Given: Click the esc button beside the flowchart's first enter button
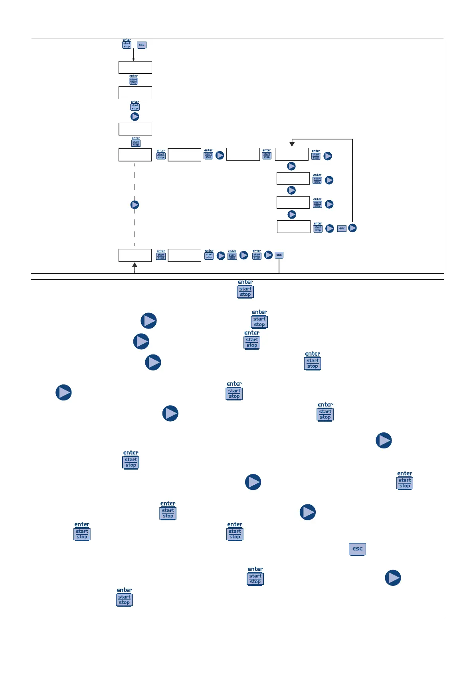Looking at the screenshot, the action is tap(142, 45).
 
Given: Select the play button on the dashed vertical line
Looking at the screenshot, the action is tap(135, 205).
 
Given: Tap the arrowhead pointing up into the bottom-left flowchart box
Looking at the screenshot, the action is tap(135, 265).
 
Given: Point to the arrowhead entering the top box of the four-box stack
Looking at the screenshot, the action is tap(292, 144).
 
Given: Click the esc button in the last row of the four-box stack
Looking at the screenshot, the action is tap(342, 229).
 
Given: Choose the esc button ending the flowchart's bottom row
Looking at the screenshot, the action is tap(279, 255).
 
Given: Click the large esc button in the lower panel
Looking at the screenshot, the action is tap(357, 549).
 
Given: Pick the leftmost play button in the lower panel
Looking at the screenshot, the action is tap(63, 392).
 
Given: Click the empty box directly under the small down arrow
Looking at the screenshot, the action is tap(135, 68).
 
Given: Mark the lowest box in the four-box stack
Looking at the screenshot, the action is tap(294, 227).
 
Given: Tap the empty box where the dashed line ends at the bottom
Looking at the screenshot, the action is tap(135, 255).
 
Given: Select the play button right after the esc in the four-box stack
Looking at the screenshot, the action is tap(352, 228).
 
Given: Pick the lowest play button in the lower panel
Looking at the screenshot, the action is tap(393, 578).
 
